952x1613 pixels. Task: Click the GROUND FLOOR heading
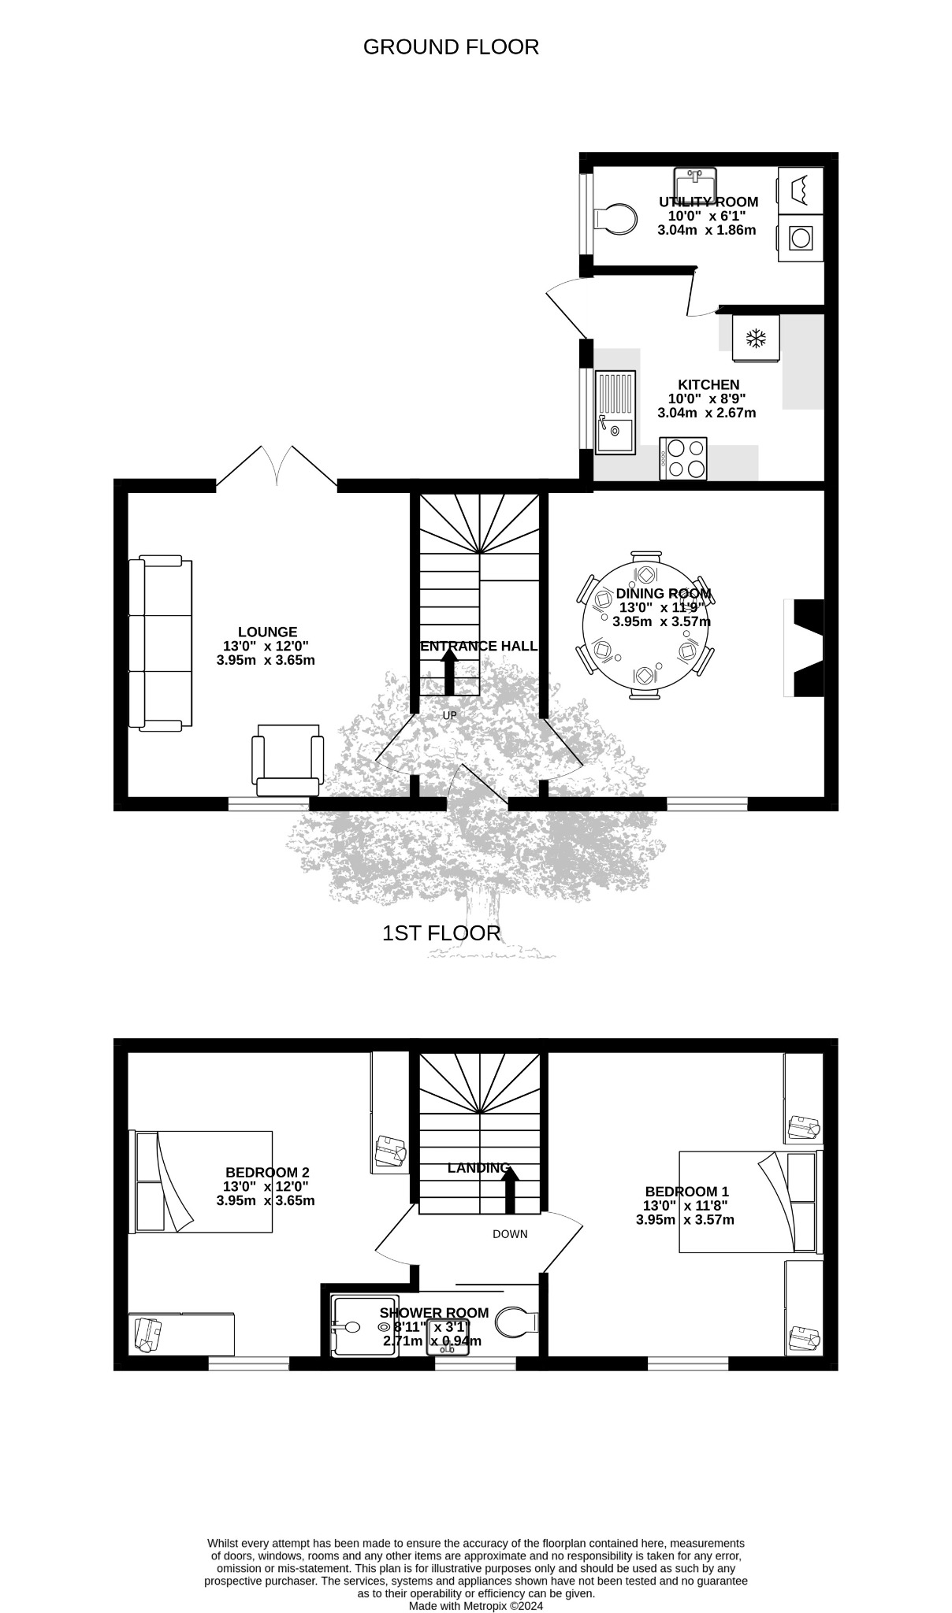451,47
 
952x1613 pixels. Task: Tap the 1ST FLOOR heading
441,933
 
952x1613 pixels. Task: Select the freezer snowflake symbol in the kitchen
757,339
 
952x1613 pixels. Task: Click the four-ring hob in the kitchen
684,458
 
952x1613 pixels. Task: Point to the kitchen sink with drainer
615,412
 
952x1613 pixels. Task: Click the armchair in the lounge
288,760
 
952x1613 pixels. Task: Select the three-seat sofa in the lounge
160,643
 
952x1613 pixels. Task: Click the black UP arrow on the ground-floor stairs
449,674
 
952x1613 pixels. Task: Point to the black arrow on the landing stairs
510,1190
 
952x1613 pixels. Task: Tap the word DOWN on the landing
510,1234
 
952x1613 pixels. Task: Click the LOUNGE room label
267,632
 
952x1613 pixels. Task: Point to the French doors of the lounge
277,466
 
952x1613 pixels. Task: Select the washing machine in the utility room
801,238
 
